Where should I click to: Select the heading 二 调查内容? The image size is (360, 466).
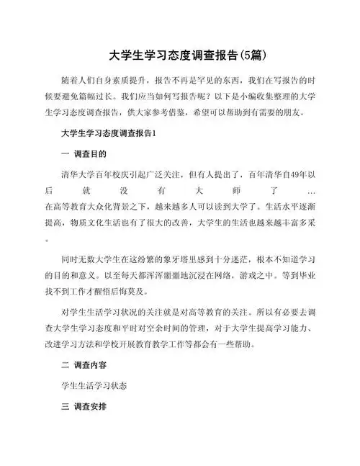(x=89, y=365)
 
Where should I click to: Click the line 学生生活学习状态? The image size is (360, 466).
(x=94, y=386)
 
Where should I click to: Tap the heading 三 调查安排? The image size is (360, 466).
(x=89, y=407)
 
